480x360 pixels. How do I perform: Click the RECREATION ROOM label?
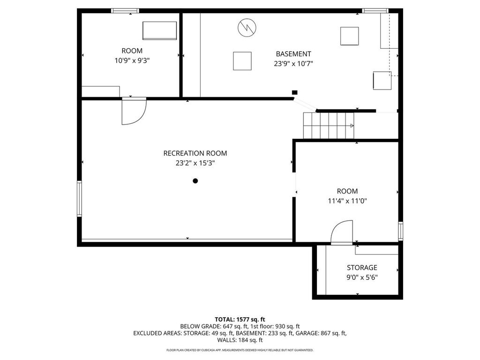coord(195,153)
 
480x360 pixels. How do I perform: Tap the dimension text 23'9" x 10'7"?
coord(293,63)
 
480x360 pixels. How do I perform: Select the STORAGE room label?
coord(361,268)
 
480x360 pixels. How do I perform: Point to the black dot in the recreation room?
coord(195,181)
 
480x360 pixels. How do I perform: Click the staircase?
coord(328,126)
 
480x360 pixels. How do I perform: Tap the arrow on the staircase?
coord(351,126)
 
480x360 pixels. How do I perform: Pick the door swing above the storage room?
coord(342,232)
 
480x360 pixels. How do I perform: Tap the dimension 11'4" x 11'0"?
coord(347,201)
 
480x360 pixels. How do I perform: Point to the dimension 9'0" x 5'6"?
coord(361,277)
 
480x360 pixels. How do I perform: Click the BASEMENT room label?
coord(293,54)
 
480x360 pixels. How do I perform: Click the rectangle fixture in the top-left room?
coord(159,30)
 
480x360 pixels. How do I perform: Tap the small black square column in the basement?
coord(294,92)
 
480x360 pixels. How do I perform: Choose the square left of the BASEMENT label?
coord(242,61)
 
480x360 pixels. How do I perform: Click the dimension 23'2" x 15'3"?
coord(195,163)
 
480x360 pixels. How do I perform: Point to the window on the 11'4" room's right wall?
coord(400,231)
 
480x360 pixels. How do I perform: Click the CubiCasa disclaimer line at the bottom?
coord(240,350)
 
